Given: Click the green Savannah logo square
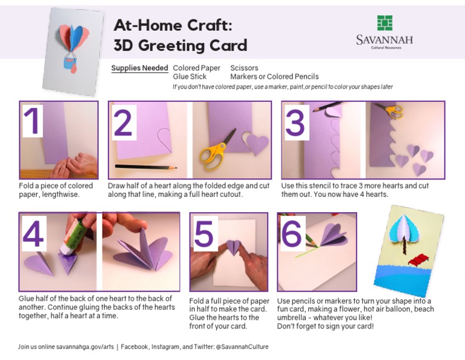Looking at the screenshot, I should (x=384, y=23).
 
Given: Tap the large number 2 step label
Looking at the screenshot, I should (x=122, y=123).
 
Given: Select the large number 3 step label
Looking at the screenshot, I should (x=295, y=123).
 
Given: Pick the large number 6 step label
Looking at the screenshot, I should (x=292, y=235).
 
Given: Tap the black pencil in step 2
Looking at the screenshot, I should (x=146, y=166).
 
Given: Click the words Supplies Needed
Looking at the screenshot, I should (x=139, y=68).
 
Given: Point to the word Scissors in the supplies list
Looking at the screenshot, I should (x=244, y=68).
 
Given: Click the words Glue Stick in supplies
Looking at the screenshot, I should (x=190, y=77).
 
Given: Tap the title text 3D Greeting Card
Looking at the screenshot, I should (x=180, y=45).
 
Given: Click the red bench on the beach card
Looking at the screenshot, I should (x=418, y=260).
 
